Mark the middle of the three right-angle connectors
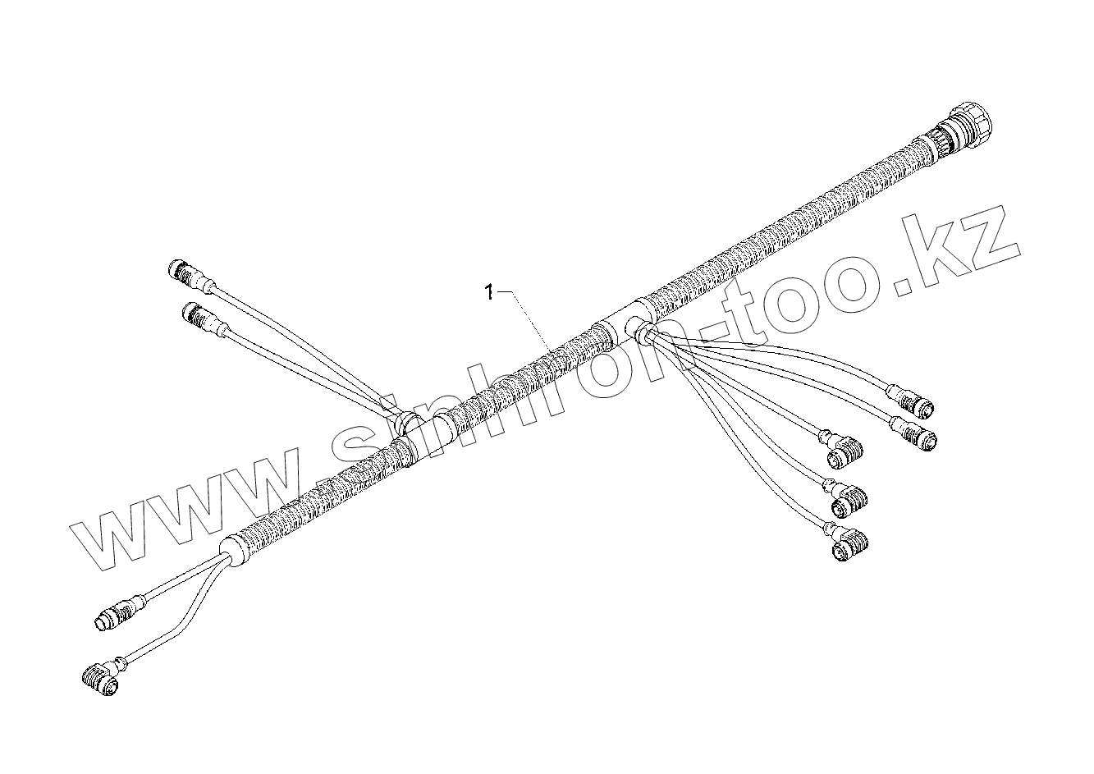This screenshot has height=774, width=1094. [x=849, y=495]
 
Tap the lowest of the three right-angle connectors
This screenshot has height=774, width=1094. [x=849, y=544]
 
